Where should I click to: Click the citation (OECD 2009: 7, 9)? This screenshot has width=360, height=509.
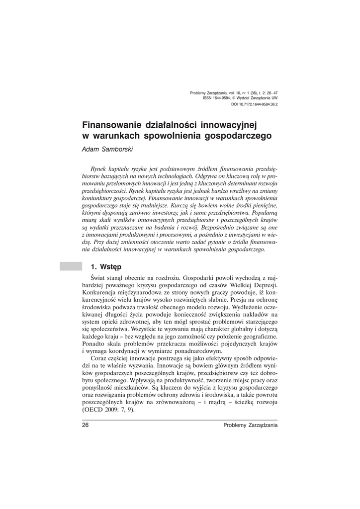[x=108, y=410]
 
